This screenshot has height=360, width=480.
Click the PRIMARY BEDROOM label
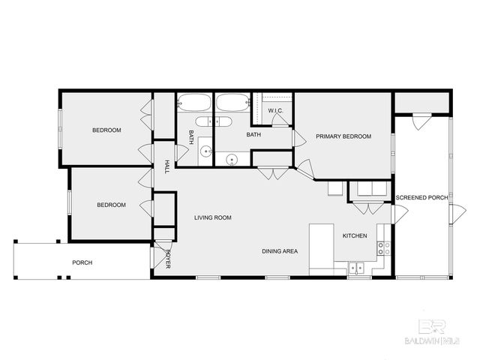point(343,136)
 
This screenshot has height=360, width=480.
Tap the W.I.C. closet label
point(275,111)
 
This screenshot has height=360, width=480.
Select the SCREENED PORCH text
point(421,198)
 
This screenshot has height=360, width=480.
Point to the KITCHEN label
point(355,236)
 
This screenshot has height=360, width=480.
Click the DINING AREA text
point(280,251)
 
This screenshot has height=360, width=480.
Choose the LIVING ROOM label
point(213,218)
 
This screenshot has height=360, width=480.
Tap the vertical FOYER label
point(168,259)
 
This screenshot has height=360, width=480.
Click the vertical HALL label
point(166,167)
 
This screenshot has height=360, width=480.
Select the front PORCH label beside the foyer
point(82,262)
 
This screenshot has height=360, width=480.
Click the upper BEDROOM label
point(106,130)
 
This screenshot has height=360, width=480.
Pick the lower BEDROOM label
point(111,205)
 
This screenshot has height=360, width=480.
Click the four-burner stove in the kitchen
point(382,247)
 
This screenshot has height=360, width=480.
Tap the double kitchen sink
point(355,267)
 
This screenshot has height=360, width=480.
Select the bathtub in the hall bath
point(196,103)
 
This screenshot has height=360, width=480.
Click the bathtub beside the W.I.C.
point(232,103)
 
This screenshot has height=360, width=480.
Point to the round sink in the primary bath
point(232,159)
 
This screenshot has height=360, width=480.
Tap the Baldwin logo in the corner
point(436,330)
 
